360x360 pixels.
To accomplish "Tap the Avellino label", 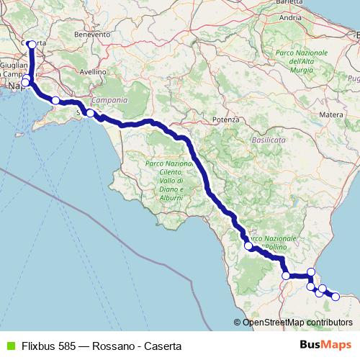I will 92,72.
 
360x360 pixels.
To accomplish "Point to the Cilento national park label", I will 166,181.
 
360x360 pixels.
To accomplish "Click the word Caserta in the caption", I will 161,346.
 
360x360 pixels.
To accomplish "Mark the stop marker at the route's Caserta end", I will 31,44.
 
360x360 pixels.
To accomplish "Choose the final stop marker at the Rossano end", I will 335,296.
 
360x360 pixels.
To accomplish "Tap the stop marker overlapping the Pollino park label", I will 248,246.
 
